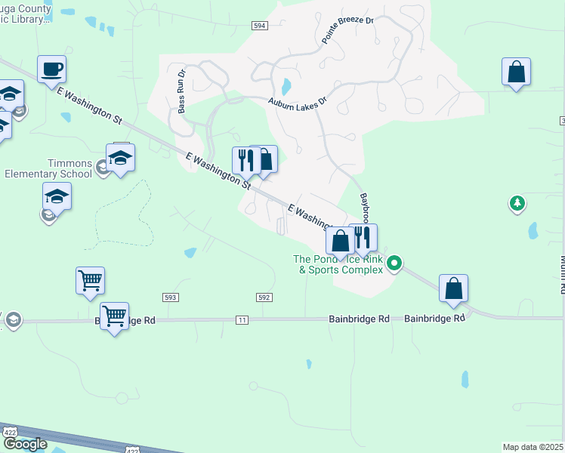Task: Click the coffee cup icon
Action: (51, 69)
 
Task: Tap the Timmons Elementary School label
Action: (48, 168)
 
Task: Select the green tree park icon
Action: (517, 202)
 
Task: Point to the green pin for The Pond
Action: (394, 264)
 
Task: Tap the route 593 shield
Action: (170, 297)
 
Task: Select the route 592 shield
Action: (264, 297)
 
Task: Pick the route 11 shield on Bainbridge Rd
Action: (242, 320)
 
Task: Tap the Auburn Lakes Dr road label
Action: (298, 100)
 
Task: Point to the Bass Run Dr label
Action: (181, 92)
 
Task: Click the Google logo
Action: (24, 444)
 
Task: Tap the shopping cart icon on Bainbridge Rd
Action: (114, 316)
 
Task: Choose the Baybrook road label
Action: (364, 210)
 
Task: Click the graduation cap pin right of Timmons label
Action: (120, 158)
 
